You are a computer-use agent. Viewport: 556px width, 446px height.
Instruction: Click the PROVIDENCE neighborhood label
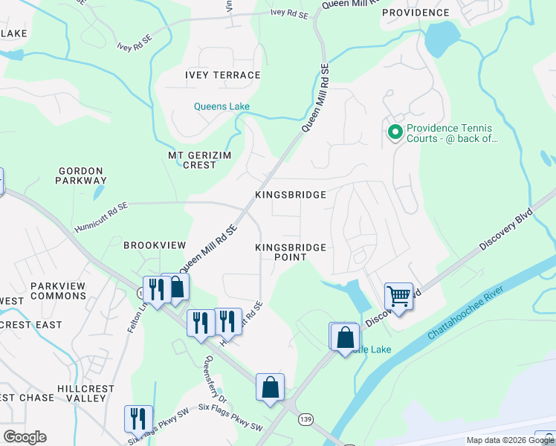point(416,13)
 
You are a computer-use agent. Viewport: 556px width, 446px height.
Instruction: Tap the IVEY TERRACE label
point(223,75)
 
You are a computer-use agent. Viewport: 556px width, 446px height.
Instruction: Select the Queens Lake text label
point(222,106)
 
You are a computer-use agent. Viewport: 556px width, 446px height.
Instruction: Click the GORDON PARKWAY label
point(82,175)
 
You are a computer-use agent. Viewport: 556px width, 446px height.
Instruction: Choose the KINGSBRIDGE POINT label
point(291,252)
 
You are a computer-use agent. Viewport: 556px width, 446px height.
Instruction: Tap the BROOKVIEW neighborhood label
point(154,245)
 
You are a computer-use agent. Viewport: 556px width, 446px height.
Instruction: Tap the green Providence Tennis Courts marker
point(395,133)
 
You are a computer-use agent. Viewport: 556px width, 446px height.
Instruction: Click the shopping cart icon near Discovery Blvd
point(398,296)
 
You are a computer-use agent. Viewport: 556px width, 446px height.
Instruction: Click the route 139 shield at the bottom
point(304,420)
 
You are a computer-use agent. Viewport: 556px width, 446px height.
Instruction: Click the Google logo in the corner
point(25,436)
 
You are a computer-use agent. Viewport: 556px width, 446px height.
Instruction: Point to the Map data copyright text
point(510,440)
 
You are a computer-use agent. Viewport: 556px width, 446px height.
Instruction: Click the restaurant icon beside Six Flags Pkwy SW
point(138,418)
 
